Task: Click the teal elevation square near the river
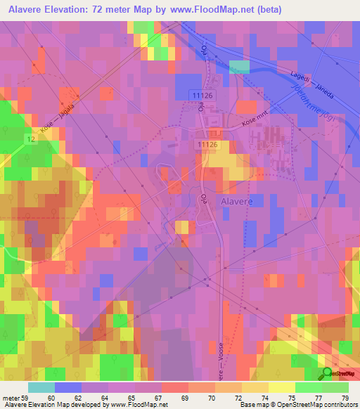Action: pos(240,67)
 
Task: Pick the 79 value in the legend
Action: pos(343,397)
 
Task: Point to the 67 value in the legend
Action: pos(159,397)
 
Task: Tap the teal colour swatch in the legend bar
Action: pos(41,387)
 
